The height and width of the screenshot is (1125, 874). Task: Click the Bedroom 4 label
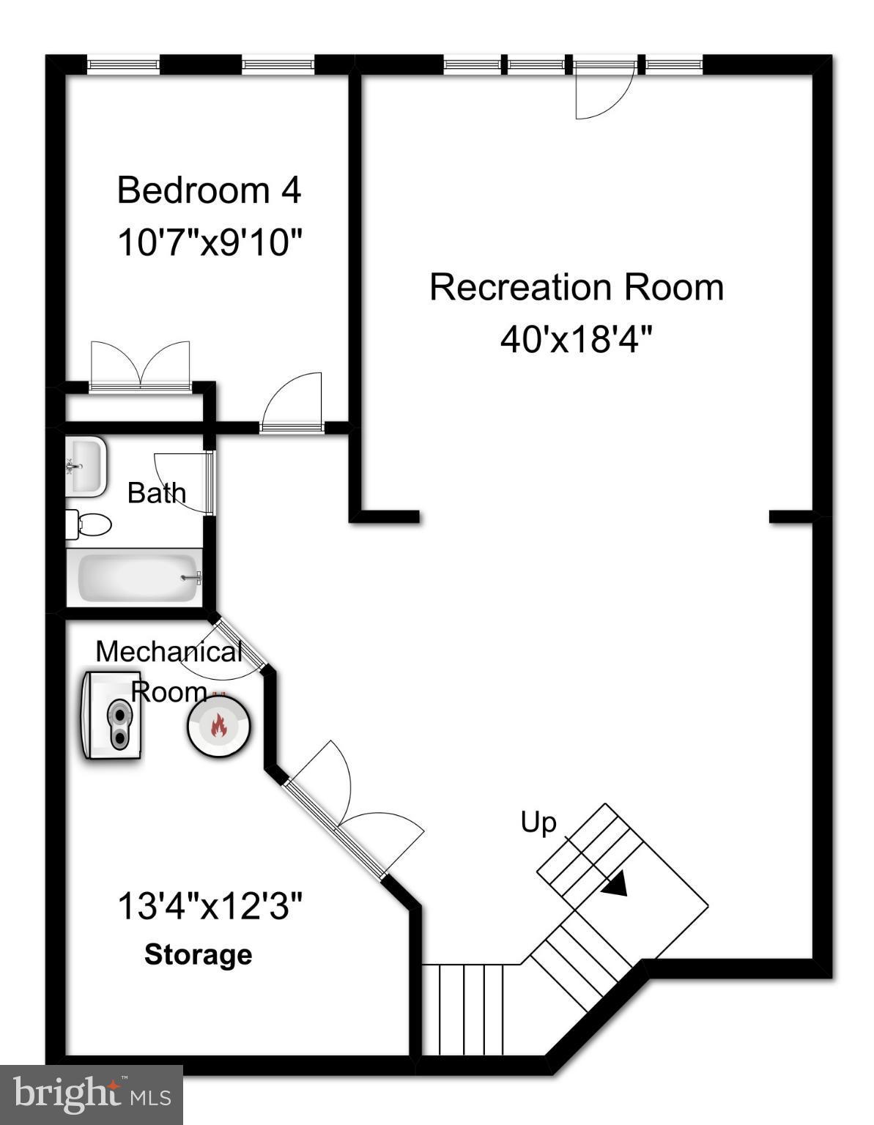(209, 190)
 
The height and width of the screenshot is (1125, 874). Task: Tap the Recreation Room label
(576, 287)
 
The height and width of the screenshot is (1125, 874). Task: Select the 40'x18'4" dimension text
(576, 340)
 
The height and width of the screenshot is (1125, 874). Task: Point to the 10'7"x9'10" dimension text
(210, 242)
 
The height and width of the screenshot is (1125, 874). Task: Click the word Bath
(156, 493)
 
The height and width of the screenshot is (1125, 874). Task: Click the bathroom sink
(86, 466)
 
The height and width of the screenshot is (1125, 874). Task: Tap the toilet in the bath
(89, 524)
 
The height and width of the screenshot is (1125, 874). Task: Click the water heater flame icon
(218, 725)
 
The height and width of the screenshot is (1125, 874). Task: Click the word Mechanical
(168, 651)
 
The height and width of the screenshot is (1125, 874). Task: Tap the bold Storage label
(198, 954)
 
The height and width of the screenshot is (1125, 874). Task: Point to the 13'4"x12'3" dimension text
(210, 907)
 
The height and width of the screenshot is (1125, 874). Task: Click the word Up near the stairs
(538, 823)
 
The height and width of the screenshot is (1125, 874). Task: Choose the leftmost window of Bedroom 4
(123, 65)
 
